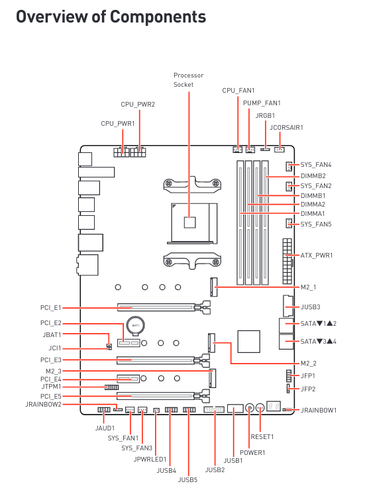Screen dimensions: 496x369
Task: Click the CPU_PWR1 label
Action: (118, 123)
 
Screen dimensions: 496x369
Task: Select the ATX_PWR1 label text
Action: (317, 255)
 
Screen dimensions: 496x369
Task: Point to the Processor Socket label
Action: (188, 80)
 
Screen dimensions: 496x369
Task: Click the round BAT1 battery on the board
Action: (134, 326)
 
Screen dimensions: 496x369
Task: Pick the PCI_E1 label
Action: (50, 308)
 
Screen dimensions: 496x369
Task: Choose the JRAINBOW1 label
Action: (319, 411)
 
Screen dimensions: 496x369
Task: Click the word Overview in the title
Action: (54, 17)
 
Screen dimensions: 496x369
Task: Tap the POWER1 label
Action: (252, 453)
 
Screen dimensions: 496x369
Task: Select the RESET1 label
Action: (262, 436)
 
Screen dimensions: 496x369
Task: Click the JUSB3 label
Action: (310, 307)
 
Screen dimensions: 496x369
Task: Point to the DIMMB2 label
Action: (313, 176)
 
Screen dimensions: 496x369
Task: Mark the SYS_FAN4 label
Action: (316, 165)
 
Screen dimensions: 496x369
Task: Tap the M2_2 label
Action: (309, 364)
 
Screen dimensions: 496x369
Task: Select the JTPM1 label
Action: (50, 386)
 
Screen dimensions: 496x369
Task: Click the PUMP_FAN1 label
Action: (262, 103)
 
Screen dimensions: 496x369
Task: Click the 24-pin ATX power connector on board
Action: (286, 255)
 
